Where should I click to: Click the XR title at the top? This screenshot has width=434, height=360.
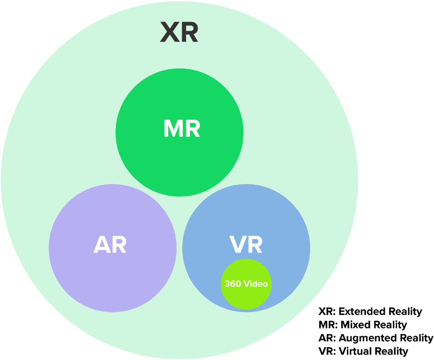[179, 33]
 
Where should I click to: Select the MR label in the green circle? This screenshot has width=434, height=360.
[181, 129]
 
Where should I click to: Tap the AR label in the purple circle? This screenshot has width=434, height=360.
[110, 245]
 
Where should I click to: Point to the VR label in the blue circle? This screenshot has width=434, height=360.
[246, 245]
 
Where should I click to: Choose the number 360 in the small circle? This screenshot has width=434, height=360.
[233, 283]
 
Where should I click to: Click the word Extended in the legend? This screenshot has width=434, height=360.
[359, 312]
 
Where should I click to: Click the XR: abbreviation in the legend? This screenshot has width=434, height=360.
[327, 312]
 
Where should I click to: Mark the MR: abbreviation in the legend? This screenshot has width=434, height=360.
[328, 325]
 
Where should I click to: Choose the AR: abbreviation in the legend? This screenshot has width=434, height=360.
[327, 338]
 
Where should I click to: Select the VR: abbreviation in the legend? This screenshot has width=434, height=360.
[327, 351]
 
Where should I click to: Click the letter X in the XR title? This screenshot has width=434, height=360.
[169, 33]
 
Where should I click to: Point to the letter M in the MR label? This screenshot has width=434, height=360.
[173, 129]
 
